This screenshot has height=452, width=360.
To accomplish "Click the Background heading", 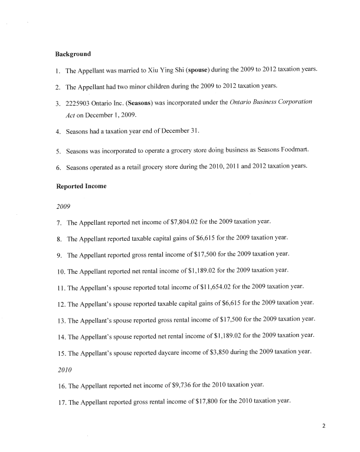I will click(73, 54).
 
